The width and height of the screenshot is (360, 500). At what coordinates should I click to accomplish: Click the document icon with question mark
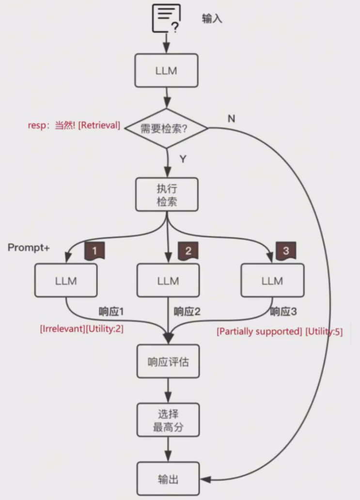(166, 18)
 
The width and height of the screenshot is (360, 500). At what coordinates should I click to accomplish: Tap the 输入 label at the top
(212, 19)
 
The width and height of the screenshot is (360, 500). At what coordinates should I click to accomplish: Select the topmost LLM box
(166, 70)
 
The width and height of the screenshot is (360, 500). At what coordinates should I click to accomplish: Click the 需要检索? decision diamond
(166, 128)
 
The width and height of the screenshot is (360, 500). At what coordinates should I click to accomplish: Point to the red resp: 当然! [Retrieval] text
(74, 125)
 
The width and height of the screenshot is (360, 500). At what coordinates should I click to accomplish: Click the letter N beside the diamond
(231, 118)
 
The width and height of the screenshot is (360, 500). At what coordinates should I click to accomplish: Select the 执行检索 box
(167, 195)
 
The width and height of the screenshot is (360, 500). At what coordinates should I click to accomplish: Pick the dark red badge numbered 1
(94, 251)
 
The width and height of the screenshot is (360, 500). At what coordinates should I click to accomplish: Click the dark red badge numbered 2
(188, 251)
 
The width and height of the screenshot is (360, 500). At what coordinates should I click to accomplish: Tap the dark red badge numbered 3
(286, 251)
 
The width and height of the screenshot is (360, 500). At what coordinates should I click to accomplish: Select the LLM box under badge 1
(66, 281)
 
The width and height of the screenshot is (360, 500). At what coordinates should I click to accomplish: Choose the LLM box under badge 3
(272, 281)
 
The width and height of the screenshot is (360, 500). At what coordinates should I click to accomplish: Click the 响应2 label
(187, 312)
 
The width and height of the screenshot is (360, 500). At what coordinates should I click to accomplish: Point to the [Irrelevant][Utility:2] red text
(81, 329)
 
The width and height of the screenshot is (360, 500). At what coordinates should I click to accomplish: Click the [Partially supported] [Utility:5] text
(280, 331)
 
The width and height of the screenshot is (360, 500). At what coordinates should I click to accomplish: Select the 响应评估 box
(168, 361)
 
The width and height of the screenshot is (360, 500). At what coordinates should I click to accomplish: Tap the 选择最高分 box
(168, 420)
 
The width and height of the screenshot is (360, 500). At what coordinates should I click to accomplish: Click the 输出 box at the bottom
(168, 480)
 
